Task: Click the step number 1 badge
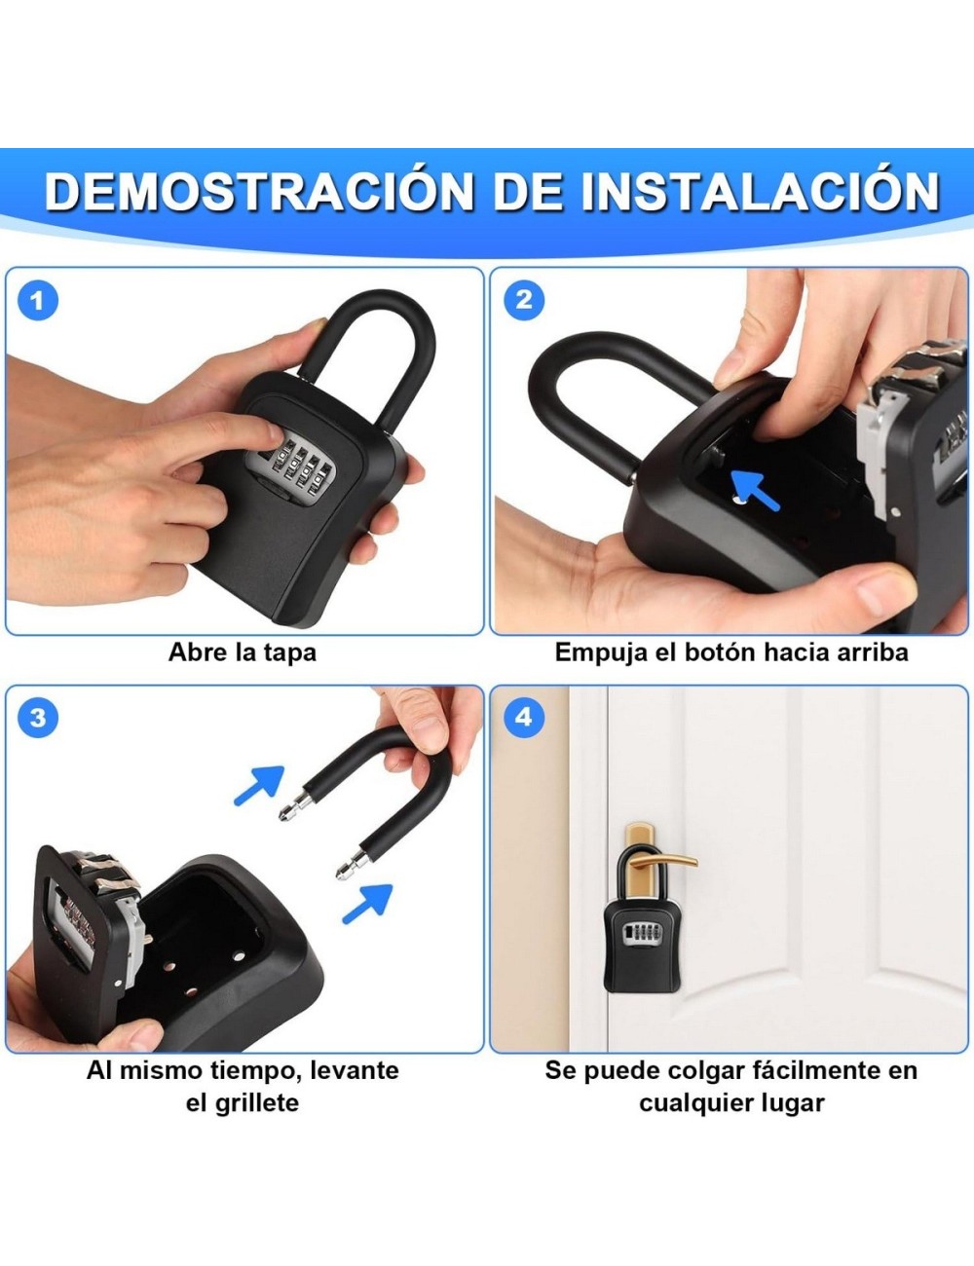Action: pos(38,300)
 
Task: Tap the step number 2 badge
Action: pos(524,300)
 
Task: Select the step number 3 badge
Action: pos(38,718)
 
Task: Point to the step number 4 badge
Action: pos(524,718)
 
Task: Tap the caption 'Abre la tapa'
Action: pos(243,652)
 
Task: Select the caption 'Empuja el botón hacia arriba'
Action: pos(731,652)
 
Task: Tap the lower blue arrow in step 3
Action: pos(367,902)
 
